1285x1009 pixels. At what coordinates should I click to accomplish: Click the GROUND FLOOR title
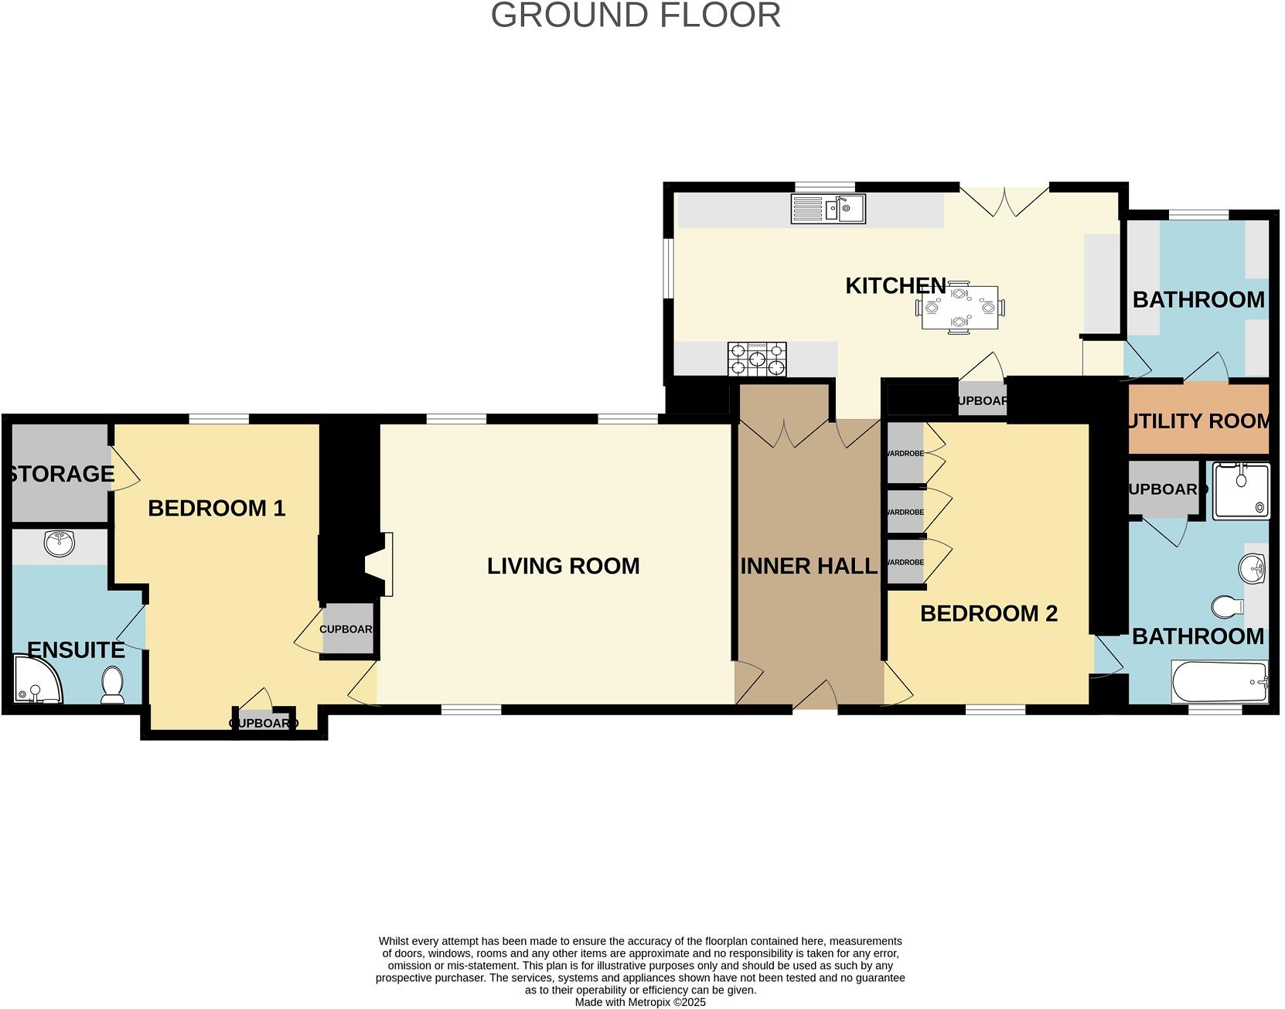(x=636, y=15)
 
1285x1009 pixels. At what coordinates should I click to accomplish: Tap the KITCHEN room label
(x=895, y=285)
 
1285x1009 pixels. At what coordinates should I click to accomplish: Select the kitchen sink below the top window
(x=828, y=209)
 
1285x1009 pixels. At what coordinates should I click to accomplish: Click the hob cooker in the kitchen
(x=757, y=360)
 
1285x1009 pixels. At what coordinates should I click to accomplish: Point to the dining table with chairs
(x=959, y=307)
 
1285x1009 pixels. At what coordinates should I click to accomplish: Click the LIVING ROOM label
(x=563, y=566)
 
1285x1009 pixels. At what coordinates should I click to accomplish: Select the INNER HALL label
(x=809, y=566)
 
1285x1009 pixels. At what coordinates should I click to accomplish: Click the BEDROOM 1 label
(x=216, y=508)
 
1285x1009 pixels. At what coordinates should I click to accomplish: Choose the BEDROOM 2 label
(x=988, y=613)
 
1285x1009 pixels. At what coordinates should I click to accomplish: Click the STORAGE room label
(x=60, y=473)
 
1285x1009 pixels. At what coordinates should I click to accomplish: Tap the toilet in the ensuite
(x=113, y=686)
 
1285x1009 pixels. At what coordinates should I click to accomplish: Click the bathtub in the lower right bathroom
(x=1219, y=682)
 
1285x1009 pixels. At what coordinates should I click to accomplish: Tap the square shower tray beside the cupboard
(x=1240, y=490)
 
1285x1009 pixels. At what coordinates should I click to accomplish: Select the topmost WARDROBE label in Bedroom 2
(x=905, y=453)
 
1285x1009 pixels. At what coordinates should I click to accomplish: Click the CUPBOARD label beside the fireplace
(x=346, y=629)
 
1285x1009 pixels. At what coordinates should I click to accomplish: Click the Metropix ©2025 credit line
(x=640, y=1002)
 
